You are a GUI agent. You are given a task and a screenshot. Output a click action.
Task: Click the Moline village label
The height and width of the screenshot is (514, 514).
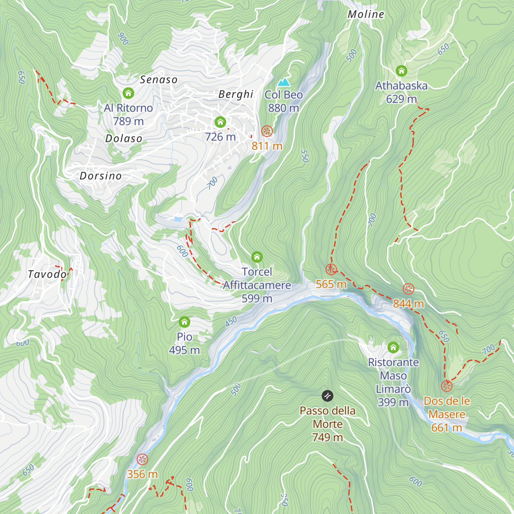point(366,14)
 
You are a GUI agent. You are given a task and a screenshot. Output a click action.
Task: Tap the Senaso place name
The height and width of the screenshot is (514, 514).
point(158,80)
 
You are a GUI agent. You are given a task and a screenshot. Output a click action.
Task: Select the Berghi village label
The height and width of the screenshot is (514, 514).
point(236,94)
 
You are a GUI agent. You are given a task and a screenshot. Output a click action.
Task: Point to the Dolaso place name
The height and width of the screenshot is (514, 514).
point(124,138)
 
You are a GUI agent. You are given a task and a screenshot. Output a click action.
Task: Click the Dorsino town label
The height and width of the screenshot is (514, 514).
point(101,176)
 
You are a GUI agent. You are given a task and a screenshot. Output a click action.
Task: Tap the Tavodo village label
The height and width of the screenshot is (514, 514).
point(47,274)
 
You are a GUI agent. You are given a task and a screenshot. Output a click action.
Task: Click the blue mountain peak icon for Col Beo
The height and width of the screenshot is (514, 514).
point(283,82)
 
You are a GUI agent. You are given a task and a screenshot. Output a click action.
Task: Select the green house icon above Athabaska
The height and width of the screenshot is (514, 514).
point(401,71)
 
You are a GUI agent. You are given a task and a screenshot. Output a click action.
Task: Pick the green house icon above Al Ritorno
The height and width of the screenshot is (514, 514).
point(128,93)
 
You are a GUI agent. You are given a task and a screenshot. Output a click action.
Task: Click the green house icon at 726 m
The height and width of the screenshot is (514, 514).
point(220,122)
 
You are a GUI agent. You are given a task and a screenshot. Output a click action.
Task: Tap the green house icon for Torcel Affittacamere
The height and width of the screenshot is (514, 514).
point(257,257)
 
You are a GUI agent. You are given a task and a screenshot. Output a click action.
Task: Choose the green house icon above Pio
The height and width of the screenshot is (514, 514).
point(184,322)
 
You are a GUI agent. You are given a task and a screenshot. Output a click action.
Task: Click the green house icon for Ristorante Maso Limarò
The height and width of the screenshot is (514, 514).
point(393,347)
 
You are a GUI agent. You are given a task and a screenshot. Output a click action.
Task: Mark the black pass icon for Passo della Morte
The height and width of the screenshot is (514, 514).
point(328,396)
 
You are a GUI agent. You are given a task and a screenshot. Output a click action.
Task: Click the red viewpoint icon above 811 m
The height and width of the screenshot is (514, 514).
point(267,131)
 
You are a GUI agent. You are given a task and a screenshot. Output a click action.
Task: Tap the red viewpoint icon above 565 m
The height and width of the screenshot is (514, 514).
point(331,269)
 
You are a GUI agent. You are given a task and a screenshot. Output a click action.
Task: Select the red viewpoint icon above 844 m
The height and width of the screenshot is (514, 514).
point(409,289)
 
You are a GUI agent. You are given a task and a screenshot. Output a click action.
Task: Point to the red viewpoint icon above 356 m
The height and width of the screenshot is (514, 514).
point(142,460)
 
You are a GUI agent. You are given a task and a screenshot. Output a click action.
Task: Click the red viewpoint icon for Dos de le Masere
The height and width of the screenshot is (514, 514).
point(447,386)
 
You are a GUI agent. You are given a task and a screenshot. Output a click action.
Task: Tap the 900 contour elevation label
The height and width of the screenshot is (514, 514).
point(123,39)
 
